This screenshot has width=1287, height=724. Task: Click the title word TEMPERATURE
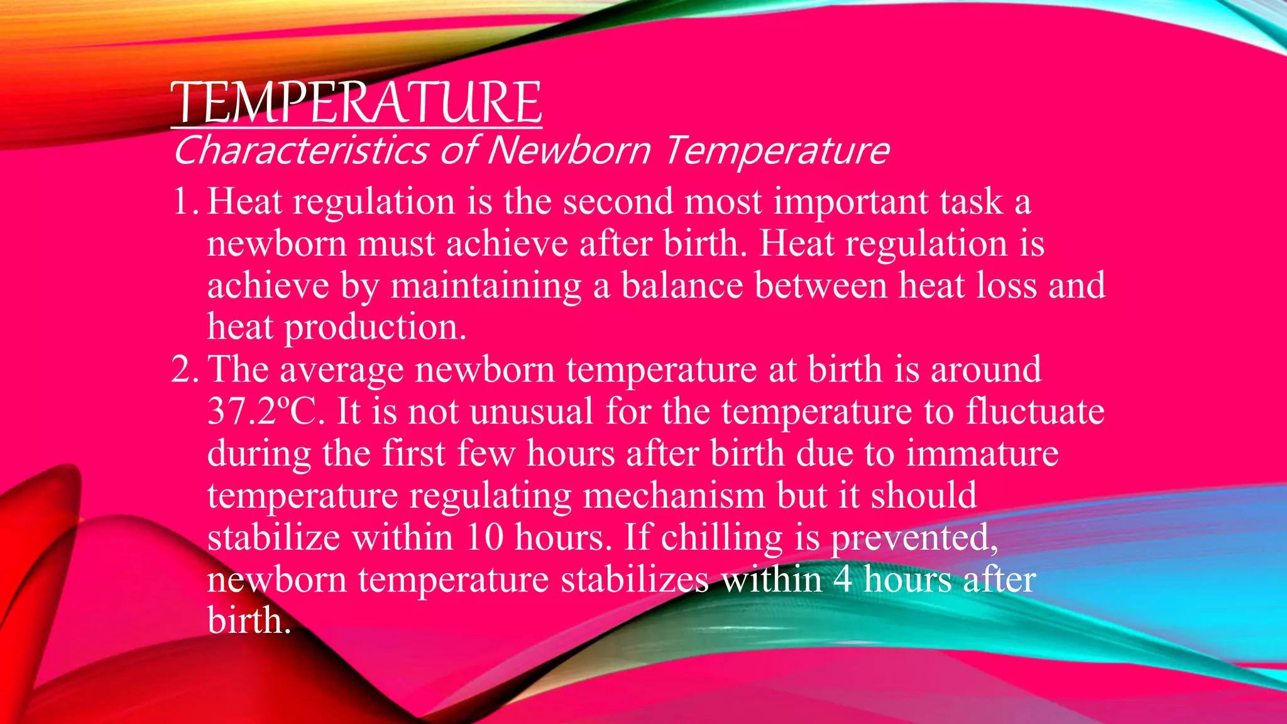coord(356,102)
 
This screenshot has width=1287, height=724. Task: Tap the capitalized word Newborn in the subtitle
coord(569,151)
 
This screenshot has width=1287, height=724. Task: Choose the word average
coord(341,370)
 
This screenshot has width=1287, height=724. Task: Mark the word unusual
coord(531,412)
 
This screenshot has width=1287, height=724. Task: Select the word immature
coord(982,453)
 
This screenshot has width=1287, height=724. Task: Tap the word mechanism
coord(674,496)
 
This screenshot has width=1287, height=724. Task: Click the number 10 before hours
coord(485,537)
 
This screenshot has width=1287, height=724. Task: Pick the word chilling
coord(721,538)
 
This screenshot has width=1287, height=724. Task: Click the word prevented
coord(914,538)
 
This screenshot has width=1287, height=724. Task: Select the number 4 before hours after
coord(843,579)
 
